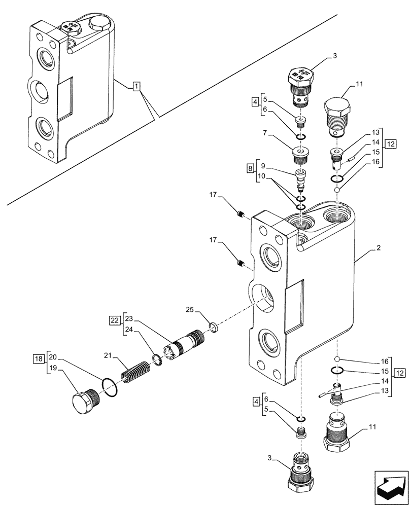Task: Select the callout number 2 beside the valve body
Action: [x=379, y=248]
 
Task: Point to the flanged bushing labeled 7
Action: [x=301, y=155]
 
